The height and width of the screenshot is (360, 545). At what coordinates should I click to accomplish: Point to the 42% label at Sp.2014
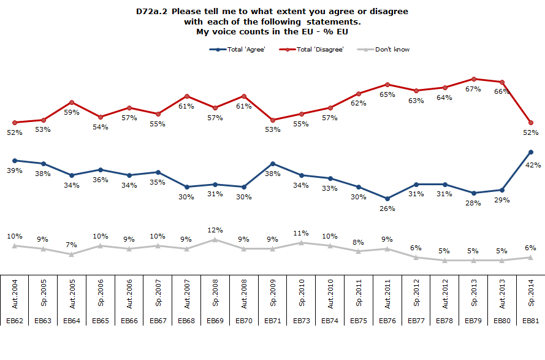pos(531,164)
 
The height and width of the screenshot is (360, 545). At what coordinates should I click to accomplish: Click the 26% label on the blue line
pos(387,209)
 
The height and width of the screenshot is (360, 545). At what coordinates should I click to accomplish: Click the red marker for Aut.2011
pos(387,85)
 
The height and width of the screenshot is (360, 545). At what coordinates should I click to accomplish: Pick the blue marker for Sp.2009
pos(273,164)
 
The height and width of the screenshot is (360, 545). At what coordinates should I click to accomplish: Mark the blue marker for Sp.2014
pos(530,152)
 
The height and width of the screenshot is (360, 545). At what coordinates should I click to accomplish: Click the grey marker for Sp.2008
pos(215,240)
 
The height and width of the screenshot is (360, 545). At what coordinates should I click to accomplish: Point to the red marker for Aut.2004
pos(15,123)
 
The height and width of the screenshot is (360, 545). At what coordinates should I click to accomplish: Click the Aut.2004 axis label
pos(15,294)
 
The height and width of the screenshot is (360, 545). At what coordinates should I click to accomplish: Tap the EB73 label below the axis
pos(301,320)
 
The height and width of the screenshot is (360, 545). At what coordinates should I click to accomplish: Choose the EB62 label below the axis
pos(15,320)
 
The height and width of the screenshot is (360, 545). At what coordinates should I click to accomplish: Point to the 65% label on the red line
pos(387,95)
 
